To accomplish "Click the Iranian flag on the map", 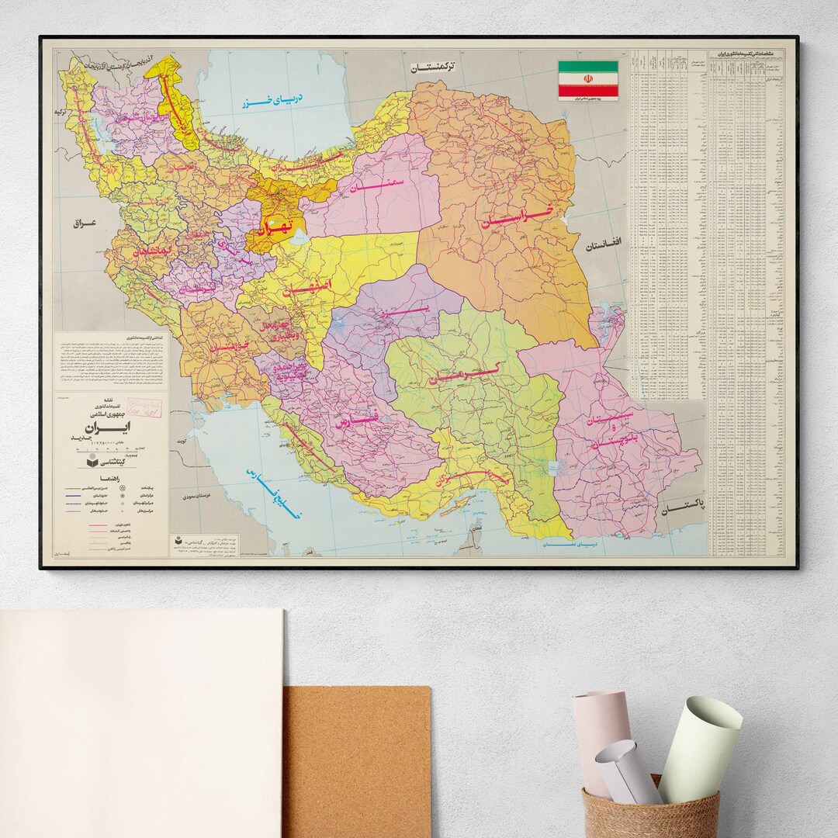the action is point(588,79).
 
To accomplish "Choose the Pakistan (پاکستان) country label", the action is point(683,505).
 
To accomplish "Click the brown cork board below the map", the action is point(357,760).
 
